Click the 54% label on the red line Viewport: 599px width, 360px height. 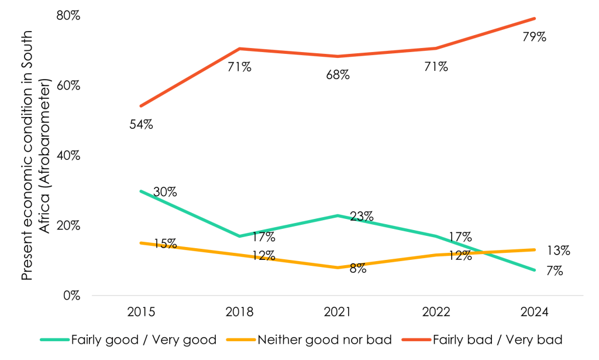(x=141, y=125)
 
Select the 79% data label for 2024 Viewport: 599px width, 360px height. (x=534, y=37)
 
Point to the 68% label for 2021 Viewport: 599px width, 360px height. (x=338, y=75)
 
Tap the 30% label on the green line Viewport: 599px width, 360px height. (x=165, y=192)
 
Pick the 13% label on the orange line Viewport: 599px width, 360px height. (x=559, y=251)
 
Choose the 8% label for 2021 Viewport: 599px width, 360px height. (x=357, y=269)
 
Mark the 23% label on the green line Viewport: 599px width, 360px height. (x=362, y=217)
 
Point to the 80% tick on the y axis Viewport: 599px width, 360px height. (x=67, y=16)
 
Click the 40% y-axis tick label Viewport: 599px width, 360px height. (x=67, y=156)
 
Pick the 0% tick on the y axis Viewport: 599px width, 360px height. (x=71, y=296)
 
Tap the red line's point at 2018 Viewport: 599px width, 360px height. (x=239, y=49)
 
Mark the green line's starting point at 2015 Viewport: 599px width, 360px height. (x=141, y=191)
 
